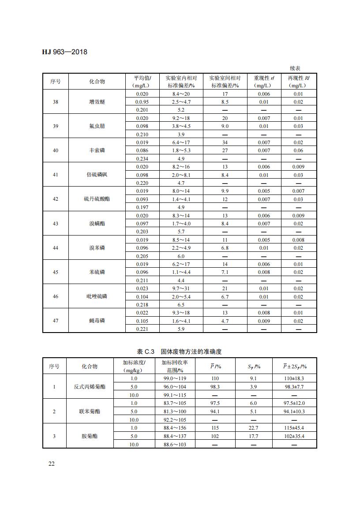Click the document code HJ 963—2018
[64, 52]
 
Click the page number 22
[51, 464]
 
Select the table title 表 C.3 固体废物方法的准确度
[179, 352]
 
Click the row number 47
[55, 321]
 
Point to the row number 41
[55, 175]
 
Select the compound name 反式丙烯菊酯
[90, 387]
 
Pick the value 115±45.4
[294, 428]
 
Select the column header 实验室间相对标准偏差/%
[225, 82]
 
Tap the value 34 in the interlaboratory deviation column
[225, 142]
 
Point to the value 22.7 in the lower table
[253, 428]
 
